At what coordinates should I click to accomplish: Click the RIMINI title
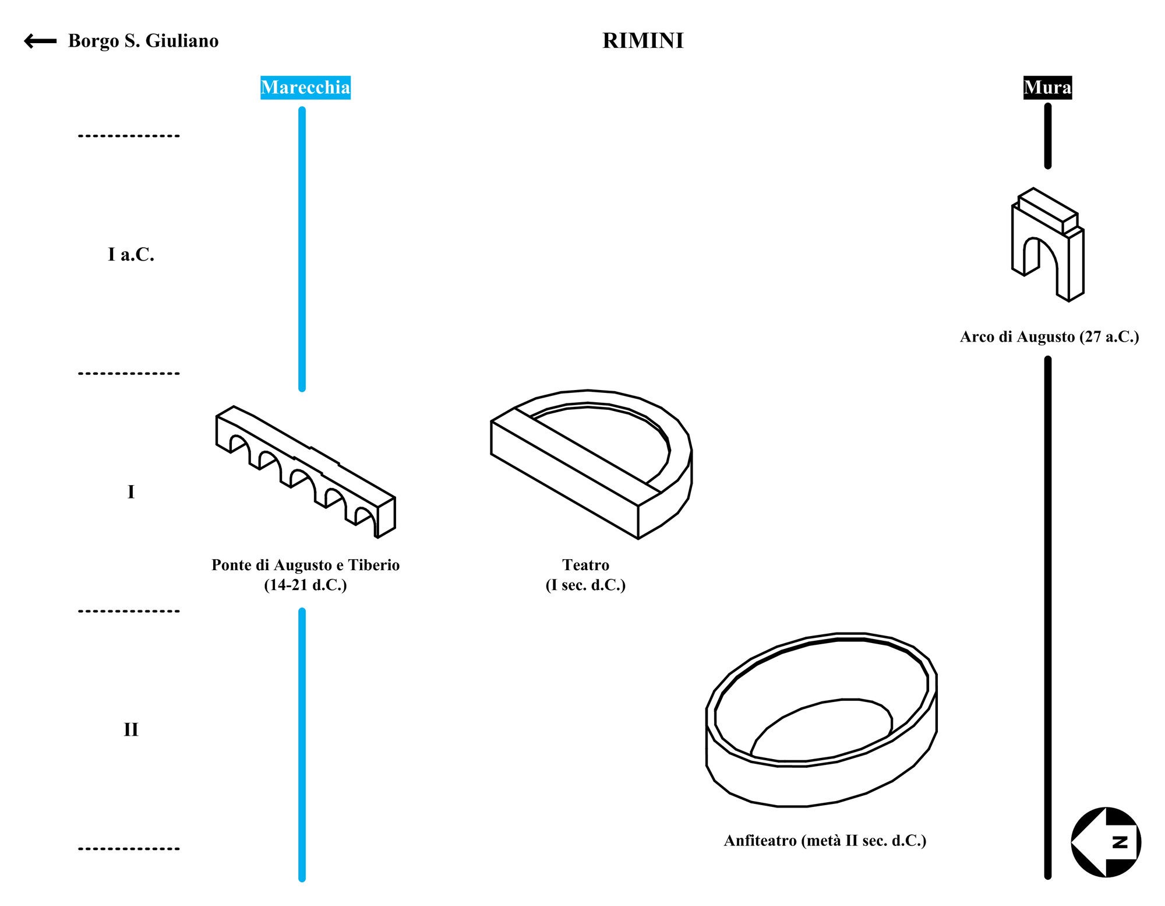pyautogui.click(x=642, y=40)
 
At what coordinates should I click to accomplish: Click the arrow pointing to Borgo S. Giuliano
pyautogui.click(x=40, y=41)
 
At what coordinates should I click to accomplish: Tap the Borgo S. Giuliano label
pyautogui.click(x=143, y=41)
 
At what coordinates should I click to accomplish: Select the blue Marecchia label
pyautogui.click(x=305, y=87)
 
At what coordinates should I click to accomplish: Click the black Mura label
pyautogui.click(x=1047, y=87)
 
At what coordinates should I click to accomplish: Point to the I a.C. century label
pyautogui.click(x=131, y=255)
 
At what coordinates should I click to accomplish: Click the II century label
pyautogui.click(x=131, y=729)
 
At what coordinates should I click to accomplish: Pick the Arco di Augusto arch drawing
pyautogui.click(x=1047, y=245)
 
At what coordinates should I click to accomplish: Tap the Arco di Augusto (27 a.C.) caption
pyautogui.click(x=1049, y=337)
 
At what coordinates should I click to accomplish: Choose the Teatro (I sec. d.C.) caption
pyautogui.click(x=585, y=574)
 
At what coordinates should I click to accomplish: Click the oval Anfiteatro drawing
pyautogui.click(x=821, y=720)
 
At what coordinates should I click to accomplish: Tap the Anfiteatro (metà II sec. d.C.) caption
pyautogui.click(x=825, y=841)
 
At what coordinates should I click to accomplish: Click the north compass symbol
pyautogui.click(x=1106, y=842)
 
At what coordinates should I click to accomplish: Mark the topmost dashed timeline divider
pyautogui.click(x=129, y=136)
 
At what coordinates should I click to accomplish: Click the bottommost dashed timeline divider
pyautogui.click(x=129, y=849)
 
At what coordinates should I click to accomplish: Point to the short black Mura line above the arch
pyautogui.click(x=1048, y=136)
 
